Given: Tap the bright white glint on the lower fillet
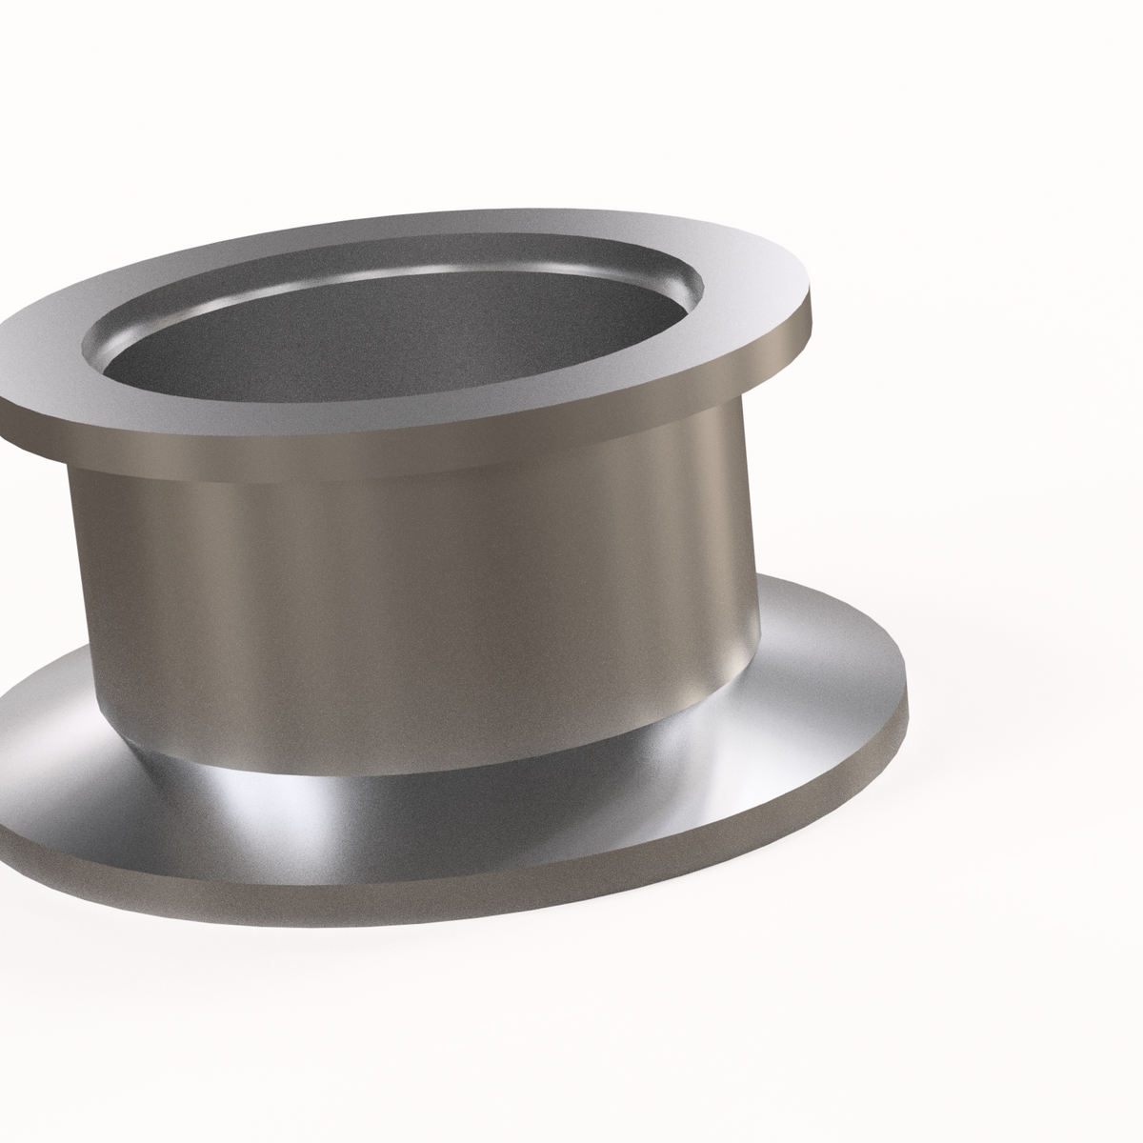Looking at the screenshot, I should pos(229,791).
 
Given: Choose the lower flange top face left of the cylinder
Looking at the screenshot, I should pos(38,743).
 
